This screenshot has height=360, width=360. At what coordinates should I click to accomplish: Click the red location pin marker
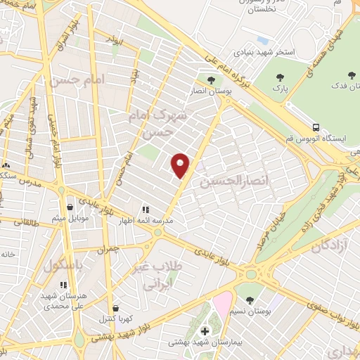181,165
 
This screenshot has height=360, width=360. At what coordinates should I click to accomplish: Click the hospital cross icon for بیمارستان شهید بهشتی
205,331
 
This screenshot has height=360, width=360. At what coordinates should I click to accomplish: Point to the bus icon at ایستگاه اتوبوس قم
316,128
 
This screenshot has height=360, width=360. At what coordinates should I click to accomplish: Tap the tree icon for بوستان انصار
210,80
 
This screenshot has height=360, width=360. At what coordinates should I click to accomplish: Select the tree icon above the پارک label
281,77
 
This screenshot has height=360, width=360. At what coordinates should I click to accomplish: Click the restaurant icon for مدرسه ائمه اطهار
146,210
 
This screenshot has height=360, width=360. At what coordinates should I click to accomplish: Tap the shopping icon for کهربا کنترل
115,307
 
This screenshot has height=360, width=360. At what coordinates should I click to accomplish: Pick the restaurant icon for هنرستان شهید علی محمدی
63,285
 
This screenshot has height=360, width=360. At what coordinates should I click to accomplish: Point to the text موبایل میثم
70,218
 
